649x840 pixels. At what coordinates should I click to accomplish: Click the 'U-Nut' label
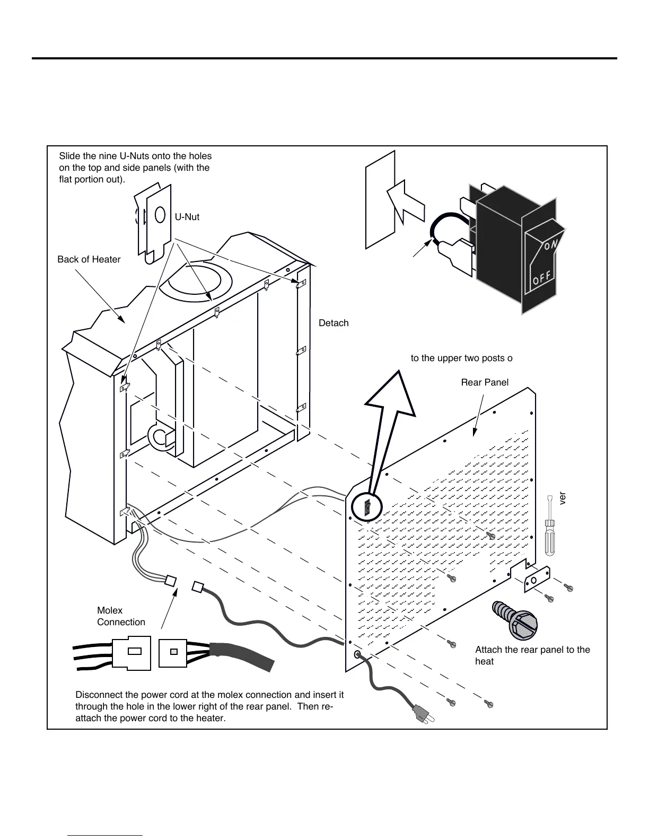pos(187,217)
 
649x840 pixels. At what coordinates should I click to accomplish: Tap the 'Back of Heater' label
pos(89,259)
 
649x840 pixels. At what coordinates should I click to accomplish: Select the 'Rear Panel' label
pos(485,382)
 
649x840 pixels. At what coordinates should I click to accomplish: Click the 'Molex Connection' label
pos(121,616)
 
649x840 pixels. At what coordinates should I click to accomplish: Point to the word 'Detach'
pos(334,323)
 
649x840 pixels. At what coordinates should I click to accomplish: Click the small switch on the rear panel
pos(367,507)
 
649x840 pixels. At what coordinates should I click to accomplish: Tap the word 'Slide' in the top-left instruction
pos(69,156)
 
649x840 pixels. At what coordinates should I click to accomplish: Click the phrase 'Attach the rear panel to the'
pos(532,650)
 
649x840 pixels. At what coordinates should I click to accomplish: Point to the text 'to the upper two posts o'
pos(461,358)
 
